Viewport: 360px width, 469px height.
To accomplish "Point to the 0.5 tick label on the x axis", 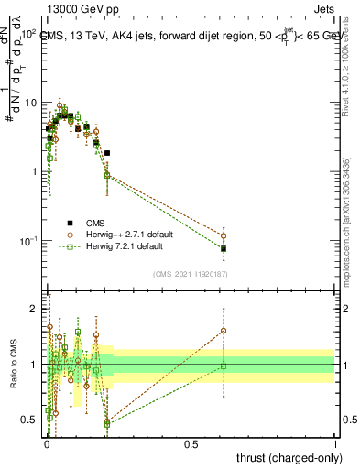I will pos(191,443).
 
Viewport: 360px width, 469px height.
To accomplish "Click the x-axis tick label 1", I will pos(334,443).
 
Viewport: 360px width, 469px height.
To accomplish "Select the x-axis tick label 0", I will pos(47,443).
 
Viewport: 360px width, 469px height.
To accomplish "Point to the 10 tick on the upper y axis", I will pos(30,103).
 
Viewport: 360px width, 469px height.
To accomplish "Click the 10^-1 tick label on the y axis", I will pos(28,241).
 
